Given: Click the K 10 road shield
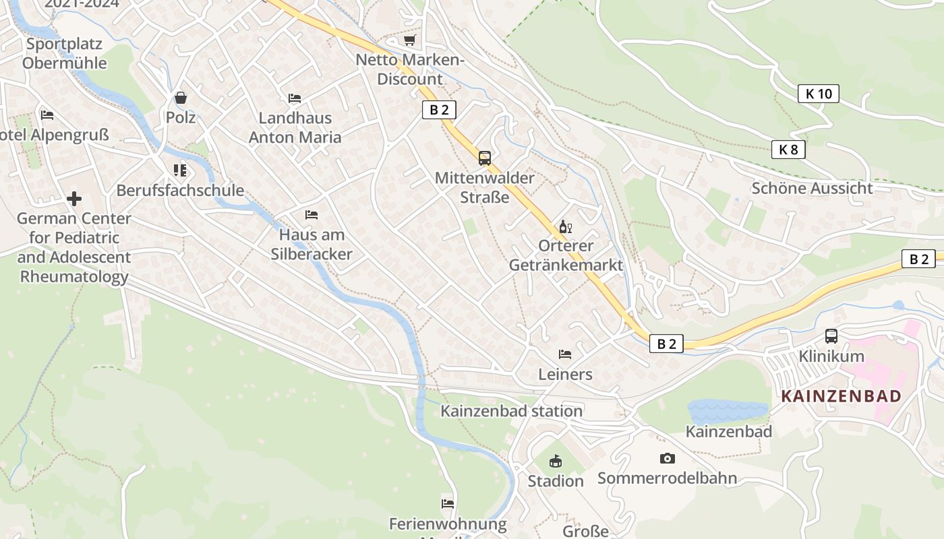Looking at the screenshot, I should [819, 94].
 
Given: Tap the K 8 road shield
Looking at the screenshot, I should [788, 150].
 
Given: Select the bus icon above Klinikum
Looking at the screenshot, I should [831, 336].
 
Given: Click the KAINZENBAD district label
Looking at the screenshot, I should [841, 396].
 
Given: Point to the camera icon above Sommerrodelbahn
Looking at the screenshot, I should [667, 458].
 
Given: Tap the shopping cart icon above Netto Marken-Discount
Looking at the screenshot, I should [409, 40].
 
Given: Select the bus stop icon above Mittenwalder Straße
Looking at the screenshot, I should [484, 158].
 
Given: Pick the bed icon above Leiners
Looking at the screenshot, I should [565, 354].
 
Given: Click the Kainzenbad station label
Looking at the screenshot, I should [511, 411].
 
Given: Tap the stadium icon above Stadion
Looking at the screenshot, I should [555, 462].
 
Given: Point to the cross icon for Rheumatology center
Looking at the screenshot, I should [74, 199].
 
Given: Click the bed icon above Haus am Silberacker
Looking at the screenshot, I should [312, 215].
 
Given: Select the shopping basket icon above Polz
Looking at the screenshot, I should [181, 98].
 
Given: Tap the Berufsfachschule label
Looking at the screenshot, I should [180, 190].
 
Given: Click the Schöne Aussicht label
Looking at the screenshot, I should [812, 188].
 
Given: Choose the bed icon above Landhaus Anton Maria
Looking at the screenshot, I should [295, 98].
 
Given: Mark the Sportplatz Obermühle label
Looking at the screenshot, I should [64, 54].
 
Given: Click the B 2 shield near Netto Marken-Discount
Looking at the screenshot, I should [439, 110].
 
